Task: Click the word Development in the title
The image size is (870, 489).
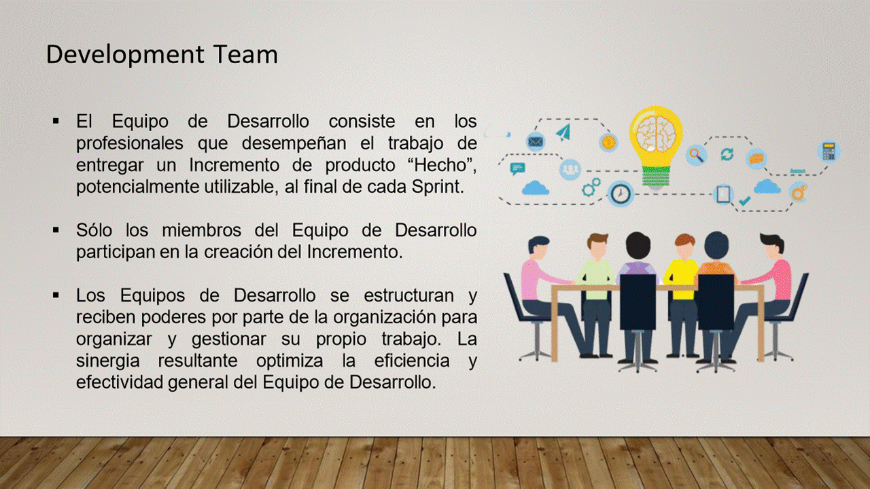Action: (x=125, y=55)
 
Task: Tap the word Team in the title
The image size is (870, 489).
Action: (x=245, y=54)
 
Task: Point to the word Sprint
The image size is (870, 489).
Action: (x=438, y=187)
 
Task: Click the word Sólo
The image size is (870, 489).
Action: (x=94, y=230)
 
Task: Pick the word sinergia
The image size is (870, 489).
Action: (x=107, y=361)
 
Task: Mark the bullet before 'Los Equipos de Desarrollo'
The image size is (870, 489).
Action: (x=56, y=295)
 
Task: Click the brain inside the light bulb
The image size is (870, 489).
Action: (x=656, y=134)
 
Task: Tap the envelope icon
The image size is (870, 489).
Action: (x=536, y=142)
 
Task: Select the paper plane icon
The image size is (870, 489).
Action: (x=563, y=132)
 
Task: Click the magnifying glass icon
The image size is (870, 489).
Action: (x=696, y=155)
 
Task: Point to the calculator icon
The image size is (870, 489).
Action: (x=829, y=151)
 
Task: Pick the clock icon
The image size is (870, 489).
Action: (x=621, y=194)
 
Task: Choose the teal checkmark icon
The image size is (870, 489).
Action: (x=744, y=200)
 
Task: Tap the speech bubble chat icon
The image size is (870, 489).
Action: (x=517, y=168)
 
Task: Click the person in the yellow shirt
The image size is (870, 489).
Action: (x=682, y=295)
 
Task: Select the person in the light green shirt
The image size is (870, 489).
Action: (x=596, y=295)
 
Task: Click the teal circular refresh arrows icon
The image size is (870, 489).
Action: (x=727, y=154)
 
